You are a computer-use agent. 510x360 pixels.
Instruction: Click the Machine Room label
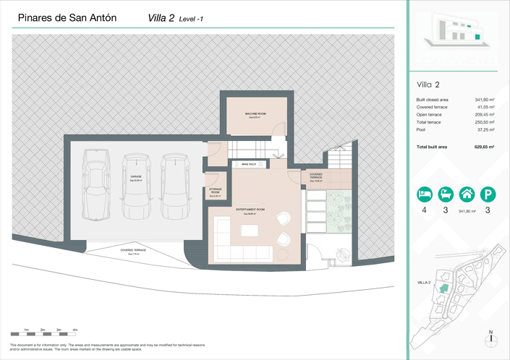255,114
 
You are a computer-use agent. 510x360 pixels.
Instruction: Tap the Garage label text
136,176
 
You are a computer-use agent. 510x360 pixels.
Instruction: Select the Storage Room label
216,191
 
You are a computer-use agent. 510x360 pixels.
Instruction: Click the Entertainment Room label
250,210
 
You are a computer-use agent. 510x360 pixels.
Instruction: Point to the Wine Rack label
249,164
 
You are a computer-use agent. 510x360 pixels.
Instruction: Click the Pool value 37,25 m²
485,130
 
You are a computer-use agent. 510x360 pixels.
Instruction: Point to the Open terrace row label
429,115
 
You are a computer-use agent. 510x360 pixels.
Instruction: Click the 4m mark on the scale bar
75,330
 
